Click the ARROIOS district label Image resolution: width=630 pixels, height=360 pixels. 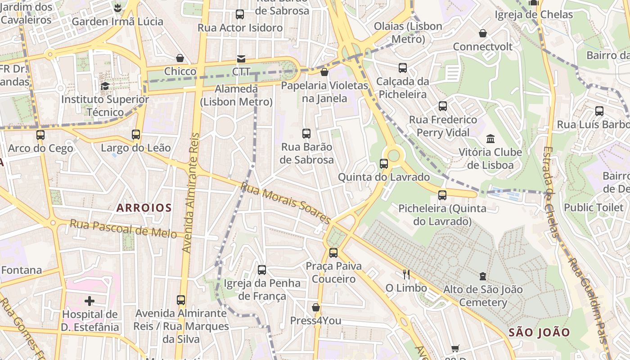coord(144,207)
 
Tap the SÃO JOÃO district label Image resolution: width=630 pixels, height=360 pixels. coord(540,333)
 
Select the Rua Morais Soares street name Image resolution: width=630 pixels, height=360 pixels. coord(286,202)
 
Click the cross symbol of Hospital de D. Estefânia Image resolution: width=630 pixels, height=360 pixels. coord(90,301)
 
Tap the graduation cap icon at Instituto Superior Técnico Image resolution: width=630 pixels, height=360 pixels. coord(105,86)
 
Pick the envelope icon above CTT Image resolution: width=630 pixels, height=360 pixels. coord(241,59)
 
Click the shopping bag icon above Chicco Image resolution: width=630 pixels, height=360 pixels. coord(180,58)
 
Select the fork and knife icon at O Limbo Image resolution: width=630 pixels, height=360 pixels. coord(406,274)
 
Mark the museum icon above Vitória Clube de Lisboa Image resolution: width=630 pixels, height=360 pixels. coord(490,139)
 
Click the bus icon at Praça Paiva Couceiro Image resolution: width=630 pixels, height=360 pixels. coord(333,253)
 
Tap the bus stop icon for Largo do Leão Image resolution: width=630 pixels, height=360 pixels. coord(136,134)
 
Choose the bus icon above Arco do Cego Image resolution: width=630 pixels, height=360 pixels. coord(40,135)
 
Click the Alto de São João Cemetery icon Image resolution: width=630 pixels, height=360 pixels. coord(483,276)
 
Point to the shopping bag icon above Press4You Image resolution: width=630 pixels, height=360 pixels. coord(316,307)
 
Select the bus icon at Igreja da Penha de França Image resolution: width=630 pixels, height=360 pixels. coord(262,270)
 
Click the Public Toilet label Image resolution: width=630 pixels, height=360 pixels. coord(594,207)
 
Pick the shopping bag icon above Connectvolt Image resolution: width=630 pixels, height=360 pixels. coord(483,33)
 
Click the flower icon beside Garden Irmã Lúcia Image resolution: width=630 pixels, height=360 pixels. coord(117,8)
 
